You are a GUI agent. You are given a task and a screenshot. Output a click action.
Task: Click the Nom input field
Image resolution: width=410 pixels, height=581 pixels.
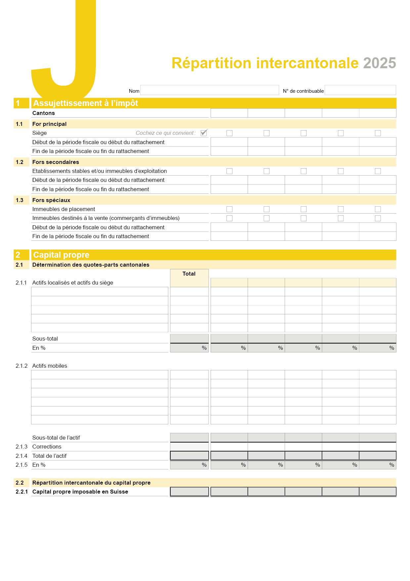pyautogui.click(x=210, y=90)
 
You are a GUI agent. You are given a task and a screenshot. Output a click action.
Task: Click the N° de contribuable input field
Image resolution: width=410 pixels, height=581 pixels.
pyautogui.click(x=360, y=90)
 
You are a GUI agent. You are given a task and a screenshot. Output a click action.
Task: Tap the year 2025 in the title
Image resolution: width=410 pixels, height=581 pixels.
pyautogui.click(x=379, y=63)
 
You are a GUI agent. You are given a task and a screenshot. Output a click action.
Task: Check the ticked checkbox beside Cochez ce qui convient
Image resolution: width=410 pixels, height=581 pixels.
pyautogui.click(x=204, y=133)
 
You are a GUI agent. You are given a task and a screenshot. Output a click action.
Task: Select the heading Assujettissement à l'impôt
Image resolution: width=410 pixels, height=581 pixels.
pyautogui.click(x=86, y=103)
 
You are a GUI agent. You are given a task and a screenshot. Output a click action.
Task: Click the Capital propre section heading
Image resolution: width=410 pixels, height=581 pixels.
pyautogui.click(x=61, y=255)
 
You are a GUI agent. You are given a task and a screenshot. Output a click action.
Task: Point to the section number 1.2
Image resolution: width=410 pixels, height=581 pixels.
pyautogui.click(x=20, y=162)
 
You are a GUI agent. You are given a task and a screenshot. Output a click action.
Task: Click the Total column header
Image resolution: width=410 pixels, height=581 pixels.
pyautogui.click(x=189, y=274)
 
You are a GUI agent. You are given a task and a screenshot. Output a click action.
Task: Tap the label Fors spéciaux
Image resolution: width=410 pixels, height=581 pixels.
pyautogui.click(x=51, y=200)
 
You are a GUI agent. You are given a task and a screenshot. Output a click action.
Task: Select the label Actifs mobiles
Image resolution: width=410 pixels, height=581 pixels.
pyautogui.click(x=50, y=366)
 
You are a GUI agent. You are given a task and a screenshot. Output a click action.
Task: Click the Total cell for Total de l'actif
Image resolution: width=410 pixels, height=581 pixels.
pyautogui.click(x=189, y=456)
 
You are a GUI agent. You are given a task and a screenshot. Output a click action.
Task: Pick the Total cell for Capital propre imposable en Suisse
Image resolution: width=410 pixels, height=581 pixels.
pyautogui.click(x=189, y=492)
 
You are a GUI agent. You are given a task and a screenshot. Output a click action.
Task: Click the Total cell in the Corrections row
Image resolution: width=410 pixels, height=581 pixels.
pyautogui.click(x=189, y=447)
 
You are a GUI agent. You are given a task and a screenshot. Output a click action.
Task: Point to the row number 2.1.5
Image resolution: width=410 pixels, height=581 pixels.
pyautogui.click(x=21, y=465)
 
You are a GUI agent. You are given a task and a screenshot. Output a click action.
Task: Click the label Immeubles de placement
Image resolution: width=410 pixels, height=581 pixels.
pyautogui.click(x=63, y=209)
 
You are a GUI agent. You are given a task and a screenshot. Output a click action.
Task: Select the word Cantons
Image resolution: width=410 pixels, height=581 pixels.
pyautogui.click(x=44, y=113)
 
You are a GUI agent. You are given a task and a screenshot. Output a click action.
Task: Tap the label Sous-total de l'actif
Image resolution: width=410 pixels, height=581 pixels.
pyautogui.click(x=56, y=438)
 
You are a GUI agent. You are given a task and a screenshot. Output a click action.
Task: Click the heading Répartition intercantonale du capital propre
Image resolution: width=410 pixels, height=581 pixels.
pyautogui.click(x=91, y=483)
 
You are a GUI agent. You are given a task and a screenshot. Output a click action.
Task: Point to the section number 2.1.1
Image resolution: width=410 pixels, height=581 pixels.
pyautogui.click(x=21, y=283)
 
